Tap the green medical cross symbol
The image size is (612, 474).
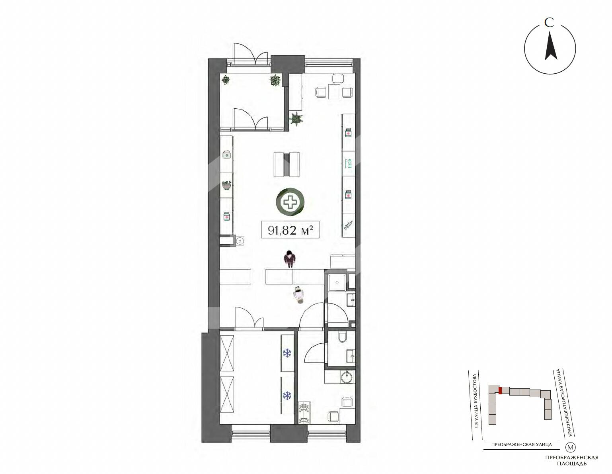pyautogui.click(x=290, y=202)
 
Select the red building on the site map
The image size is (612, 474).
pyautogui.click(x=500, y=391)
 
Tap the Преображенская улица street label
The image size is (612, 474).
pyautogui.click(x=521, y=445)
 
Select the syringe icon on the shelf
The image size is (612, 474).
pyautogui.click(x=348, y=225)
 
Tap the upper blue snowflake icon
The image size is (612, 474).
pyautogui.click(x=287, y=353)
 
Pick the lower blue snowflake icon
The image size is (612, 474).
pyautogui.click(x=287, y=396)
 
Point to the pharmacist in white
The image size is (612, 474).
pyautogui.click(x=299, y=294)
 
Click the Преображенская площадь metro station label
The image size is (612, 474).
pyautogui.click(x=571, y=460)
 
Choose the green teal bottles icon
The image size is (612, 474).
pyautogui.click(x=348, y=163)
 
